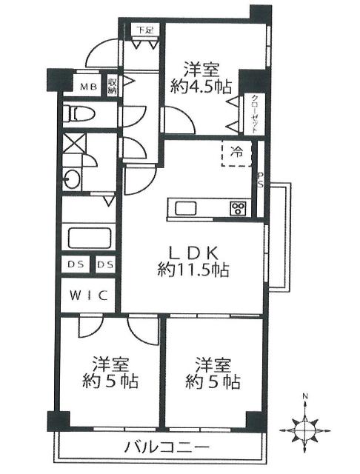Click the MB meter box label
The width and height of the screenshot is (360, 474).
89,87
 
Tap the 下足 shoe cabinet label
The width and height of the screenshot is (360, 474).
144,31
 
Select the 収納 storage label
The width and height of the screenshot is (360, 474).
113,87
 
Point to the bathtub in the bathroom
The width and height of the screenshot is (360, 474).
89,240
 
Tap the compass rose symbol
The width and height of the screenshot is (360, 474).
305,429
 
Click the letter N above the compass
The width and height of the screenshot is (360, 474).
305,399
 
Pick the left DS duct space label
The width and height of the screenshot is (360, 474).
76,264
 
